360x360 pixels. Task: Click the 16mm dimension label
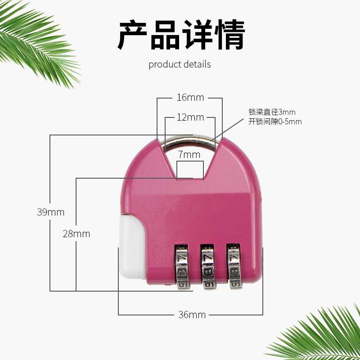[190, 98]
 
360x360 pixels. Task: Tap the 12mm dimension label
[190, 118]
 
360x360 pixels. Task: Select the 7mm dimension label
[189, 155]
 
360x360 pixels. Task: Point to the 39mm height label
[50, 212]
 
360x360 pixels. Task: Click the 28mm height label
[76, 234]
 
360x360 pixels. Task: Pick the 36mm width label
[192, 315]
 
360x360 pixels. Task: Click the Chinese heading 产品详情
[181, 35]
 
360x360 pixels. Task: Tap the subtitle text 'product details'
[180, 64]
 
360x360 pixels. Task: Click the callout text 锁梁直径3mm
[272, 112]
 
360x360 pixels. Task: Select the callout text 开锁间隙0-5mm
[275, 121]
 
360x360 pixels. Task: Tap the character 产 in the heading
[133, 35]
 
